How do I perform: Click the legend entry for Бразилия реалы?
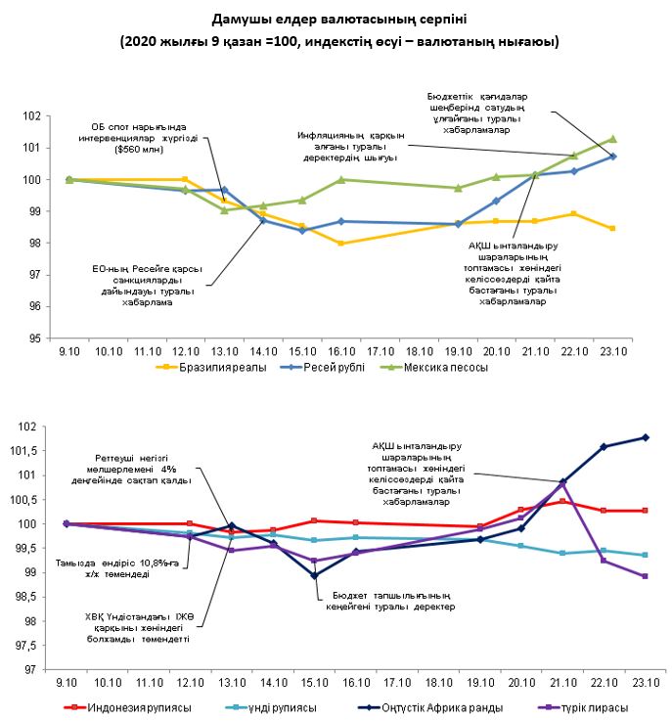point(206,368)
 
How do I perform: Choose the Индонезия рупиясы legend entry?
point(136,707)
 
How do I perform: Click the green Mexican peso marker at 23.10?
point(613,139)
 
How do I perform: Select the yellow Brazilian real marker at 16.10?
point(340,243)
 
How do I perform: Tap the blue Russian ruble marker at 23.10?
point(613,157)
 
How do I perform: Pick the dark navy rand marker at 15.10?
point(314,575)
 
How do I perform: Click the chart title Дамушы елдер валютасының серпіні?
point(336,20)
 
